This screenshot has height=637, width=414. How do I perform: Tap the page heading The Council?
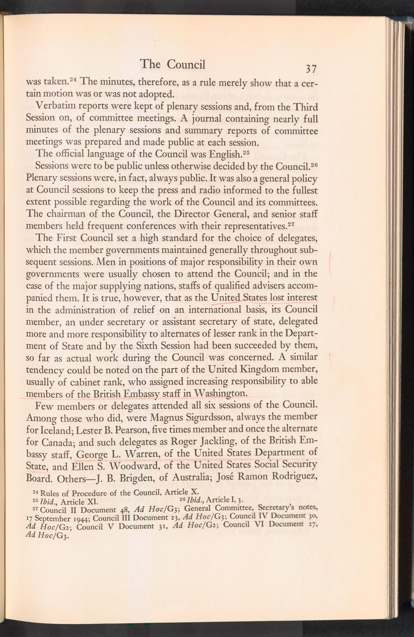tap(173, 64)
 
